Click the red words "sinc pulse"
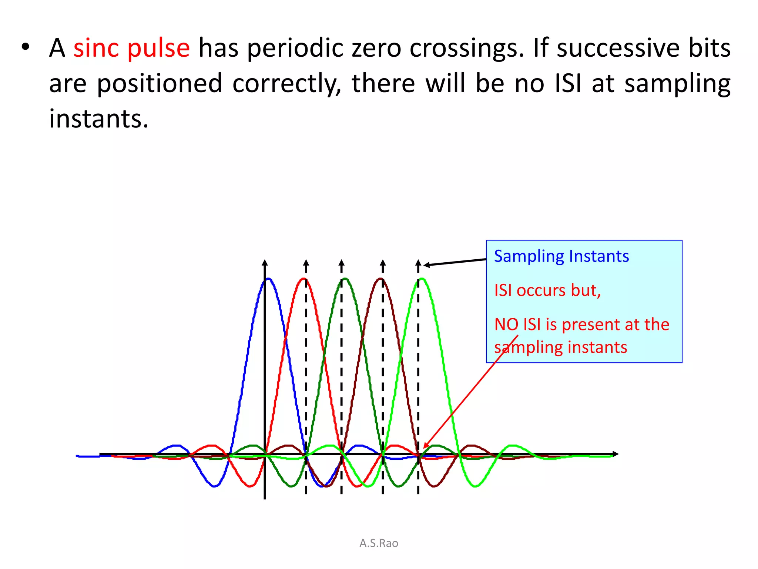131,48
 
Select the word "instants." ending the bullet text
99,119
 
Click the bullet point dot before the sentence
25,47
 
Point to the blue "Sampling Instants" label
561,256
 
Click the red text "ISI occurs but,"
547,290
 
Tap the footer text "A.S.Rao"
379,543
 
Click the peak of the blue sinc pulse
269,279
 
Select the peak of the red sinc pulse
304,279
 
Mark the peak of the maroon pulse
381,279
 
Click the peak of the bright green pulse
422,279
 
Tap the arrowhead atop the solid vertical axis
265,262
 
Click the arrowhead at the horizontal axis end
616,454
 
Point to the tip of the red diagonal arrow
424,448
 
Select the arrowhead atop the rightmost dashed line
418,263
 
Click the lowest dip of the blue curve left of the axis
214,486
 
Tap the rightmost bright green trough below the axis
476,486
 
